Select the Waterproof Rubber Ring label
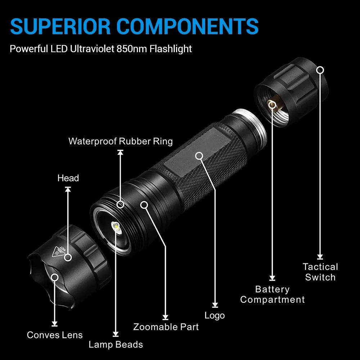click(121, 141)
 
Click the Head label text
click(68, 178)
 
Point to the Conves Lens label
click(55, 335)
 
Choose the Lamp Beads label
click(116, 345)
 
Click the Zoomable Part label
click(166, 327)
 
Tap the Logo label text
click(215, 316)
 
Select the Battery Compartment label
click(273, 294)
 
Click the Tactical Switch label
click(320, 272)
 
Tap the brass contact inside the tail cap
click(273, 105)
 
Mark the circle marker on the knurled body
click(199, 156)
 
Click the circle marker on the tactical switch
click(320, 69)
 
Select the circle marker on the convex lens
click(55, 277)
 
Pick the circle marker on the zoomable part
click(144, 205)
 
